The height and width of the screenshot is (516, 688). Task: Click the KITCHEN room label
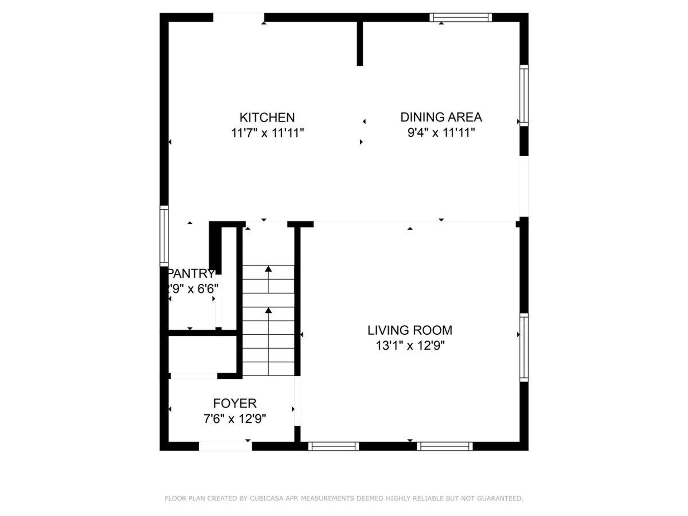(267, 117)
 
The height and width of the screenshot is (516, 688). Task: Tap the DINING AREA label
(441, 117)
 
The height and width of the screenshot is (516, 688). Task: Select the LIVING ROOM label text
(410, 330)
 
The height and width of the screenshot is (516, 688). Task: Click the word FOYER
(235, 403)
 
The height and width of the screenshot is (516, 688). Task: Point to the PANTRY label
(191, 273)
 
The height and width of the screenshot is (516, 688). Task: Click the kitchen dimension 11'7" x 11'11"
(267, 133)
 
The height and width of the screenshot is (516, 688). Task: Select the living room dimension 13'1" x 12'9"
(410, 345)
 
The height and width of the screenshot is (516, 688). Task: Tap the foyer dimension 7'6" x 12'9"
(235, 419)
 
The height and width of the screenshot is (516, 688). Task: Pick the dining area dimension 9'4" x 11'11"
(441, 133)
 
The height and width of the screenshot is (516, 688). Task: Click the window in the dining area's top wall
(460, 17)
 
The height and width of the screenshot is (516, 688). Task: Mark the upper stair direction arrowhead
(268, 269)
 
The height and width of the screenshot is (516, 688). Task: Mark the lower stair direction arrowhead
(268, 310)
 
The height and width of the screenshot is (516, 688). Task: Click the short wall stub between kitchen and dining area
(360, 43)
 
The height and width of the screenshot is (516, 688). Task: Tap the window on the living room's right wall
(524, 347)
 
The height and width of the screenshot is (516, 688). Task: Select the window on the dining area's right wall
(524, 95)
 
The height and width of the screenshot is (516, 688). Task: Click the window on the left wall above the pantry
(164, 236)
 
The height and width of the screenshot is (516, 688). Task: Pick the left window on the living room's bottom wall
(333, 446)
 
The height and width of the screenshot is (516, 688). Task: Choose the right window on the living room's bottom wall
(445, 446)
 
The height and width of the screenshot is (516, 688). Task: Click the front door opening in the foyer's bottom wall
(225, 446)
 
